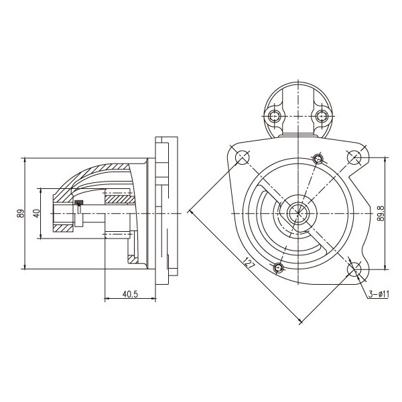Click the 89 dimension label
[x=21, y=213]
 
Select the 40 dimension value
[x=37, y=213]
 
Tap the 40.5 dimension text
[x=130, y=294]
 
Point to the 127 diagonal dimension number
[x=249, y=263]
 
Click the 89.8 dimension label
[x=381, y=213]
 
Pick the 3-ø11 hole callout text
[x=379, y=294]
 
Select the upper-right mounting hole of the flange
[x=354, y=157]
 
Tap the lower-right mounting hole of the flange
[x=354, y=269]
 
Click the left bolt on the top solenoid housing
[x=275, y=117]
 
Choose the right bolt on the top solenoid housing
[x=321, y=117]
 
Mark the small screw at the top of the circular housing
[x=318, y=159]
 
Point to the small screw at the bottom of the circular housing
[x=278, y=268]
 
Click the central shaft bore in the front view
[x=298, y=213]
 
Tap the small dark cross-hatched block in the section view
[x=79, y=202]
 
